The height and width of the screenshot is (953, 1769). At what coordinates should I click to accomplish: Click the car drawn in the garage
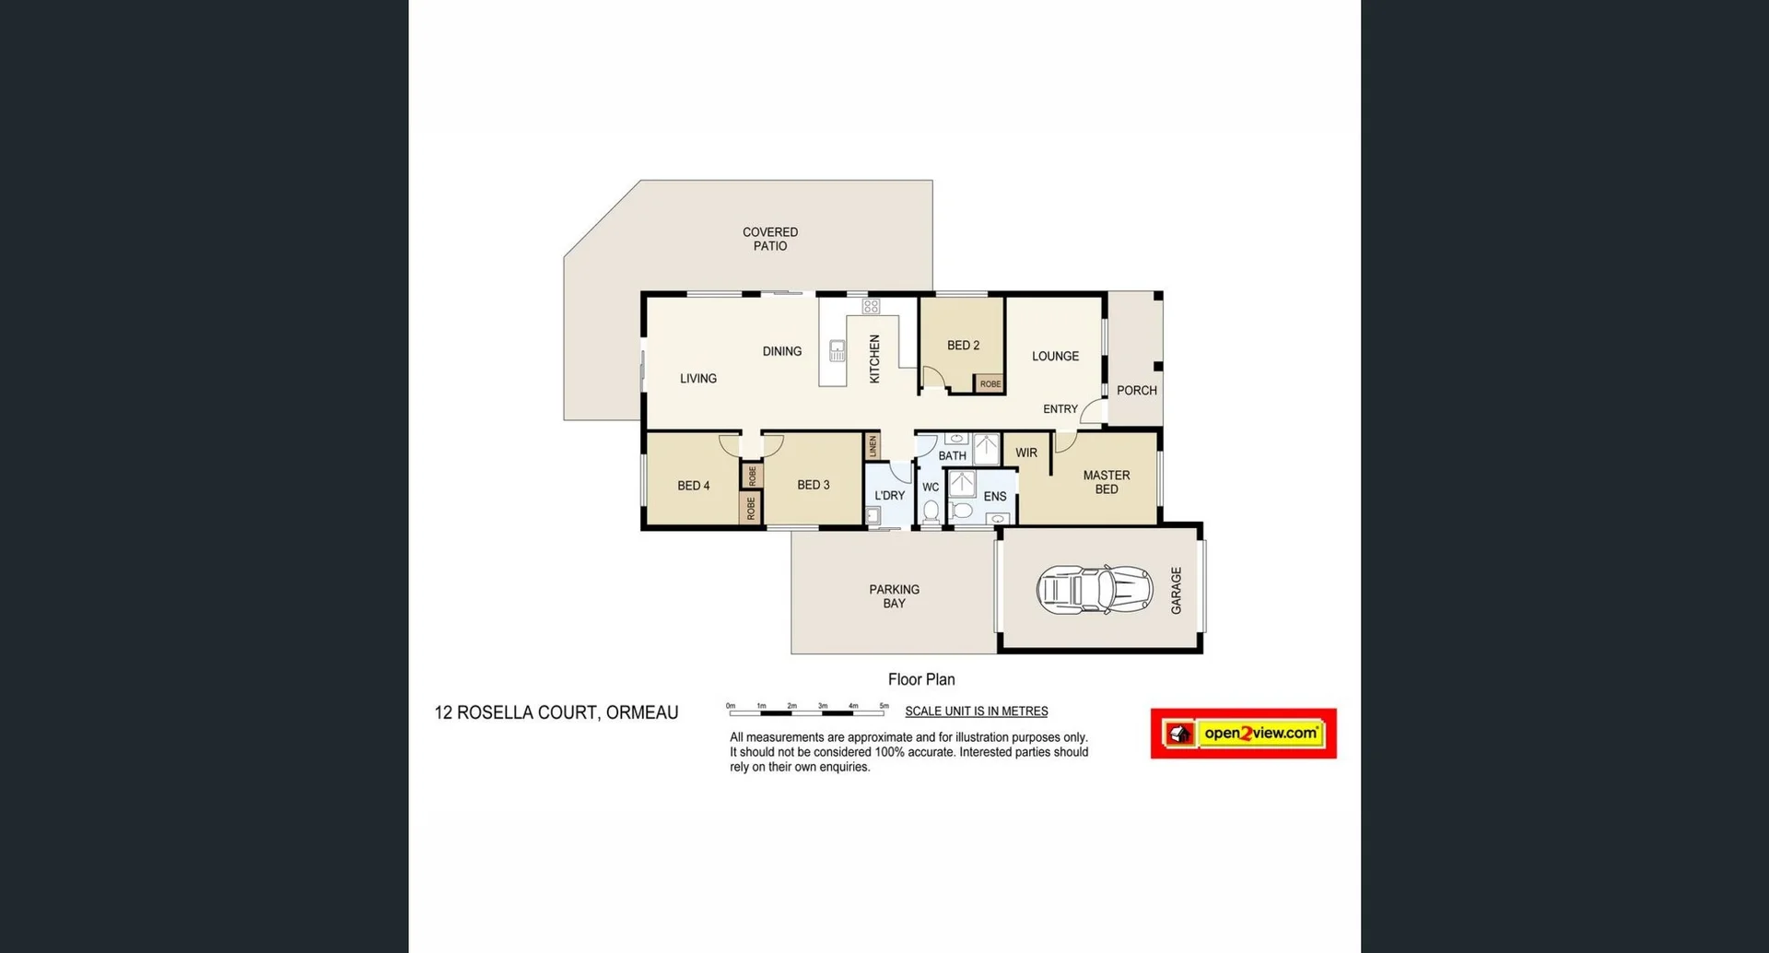[1095, 590]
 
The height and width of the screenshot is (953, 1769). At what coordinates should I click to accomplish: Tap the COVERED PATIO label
[770, 239]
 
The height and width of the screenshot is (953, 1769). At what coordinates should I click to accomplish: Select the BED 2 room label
[963, 346]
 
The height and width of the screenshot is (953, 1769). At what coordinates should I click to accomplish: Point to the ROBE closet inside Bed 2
[990, 383]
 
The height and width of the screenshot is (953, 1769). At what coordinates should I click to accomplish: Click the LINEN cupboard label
[873, 446]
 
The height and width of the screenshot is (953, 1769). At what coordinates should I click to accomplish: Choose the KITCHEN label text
[874, 359]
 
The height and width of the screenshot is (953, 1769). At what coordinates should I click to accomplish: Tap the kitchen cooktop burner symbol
[871, 306]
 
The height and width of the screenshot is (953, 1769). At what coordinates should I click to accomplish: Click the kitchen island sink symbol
[837, 350]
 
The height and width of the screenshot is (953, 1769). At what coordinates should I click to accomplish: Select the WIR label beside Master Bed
[1026, 453]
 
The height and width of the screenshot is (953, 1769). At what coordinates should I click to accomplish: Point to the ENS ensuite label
[995, 496]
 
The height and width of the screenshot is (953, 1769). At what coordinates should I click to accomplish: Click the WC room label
[931, 487]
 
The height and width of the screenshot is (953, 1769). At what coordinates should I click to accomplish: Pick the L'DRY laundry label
[889, 495]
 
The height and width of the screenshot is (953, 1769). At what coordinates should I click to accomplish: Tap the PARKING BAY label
[894, 596]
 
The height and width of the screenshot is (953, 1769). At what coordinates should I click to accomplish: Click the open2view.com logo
[1243, 734]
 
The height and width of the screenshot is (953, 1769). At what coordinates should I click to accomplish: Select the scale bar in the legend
[807, 711]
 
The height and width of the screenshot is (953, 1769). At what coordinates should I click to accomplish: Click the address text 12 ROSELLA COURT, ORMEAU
[556, 712]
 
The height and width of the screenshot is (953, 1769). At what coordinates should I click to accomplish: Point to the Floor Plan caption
[921, 679]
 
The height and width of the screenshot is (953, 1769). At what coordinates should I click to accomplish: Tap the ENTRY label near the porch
[1060, 409]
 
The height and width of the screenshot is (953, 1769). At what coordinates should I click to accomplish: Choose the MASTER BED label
[1107, 482]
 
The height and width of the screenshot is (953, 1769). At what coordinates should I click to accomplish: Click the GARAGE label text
[1176, 590]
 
